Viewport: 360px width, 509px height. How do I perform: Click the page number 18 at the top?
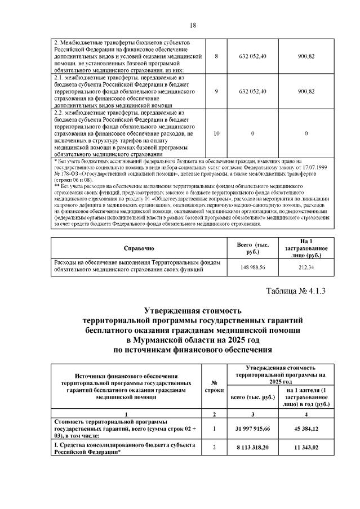[192, 25]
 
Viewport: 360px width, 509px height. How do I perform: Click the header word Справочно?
[139, 248]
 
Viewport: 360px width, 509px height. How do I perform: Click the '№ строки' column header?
[216, 386]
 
